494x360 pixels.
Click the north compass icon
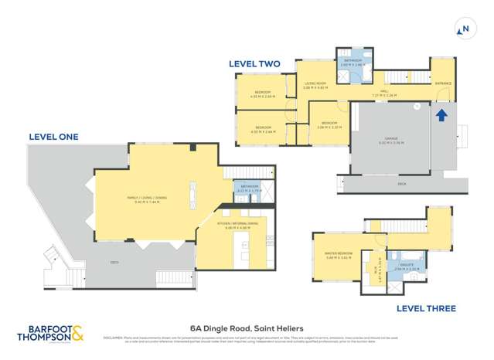pyautogui.click(x=465, y=30)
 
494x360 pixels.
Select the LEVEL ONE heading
pyautogui.click(x=53, y=136)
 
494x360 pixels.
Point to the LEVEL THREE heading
pyautogui.click(x=426, y=308)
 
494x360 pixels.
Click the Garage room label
pyautogui.click(x=391, y=141)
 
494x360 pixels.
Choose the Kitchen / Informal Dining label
pyautogui.click(x=238, y=226)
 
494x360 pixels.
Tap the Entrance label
pyautogui.click(x=442, y=83)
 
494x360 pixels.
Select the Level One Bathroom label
pyautogui.click(x=247, y=187)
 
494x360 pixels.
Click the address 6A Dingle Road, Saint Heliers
pyautogui.click(x=247, y=328)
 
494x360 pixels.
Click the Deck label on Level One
pyautogui.click(x=114, y=263)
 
